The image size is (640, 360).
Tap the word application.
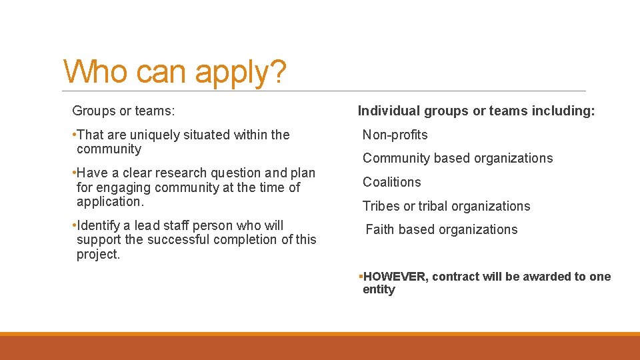[110, 201]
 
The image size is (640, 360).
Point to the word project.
[98, 254]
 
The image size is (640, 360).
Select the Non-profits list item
[395, 135]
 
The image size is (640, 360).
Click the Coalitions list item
[392, 182]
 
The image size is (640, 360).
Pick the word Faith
[380, 229]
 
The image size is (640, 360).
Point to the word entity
[379, 289]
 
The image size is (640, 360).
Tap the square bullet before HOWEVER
[360, 276]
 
